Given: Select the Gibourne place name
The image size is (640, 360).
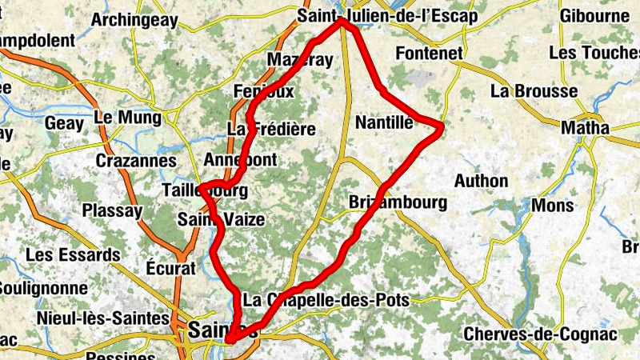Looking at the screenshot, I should (x=594, y=16).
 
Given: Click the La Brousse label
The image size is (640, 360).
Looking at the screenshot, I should (x=534, y=90).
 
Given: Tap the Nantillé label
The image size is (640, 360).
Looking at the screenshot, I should (x=384, y=122).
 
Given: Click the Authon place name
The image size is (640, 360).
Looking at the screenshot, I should (x=481, y=181).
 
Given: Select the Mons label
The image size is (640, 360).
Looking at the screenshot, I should (x=553, y=206).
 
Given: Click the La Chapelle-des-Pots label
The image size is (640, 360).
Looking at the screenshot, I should (x=326, y=301).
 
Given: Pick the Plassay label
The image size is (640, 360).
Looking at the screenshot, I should (x=112, y=211).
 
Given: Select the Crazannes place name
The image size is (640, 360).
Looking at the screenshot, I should (x=135, y=161).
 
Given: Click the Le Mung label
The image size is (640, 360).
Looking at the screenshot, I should (x=126, y=118).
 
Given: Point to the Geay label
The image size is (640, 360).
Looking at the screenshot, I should (x=63, y=124).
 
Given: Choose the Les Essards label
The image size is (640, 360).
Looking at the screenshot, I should (x=73, y=255).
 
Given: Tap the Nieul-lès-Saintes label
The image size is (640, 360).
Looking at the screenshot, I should (x=102, y=318).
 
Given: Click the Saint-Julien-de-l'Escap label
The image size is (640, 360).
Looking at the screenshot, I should (x=386, y=16).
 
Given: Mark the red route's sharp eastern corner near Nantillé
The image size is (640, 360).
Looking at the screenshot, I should (x=441, y=126).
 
